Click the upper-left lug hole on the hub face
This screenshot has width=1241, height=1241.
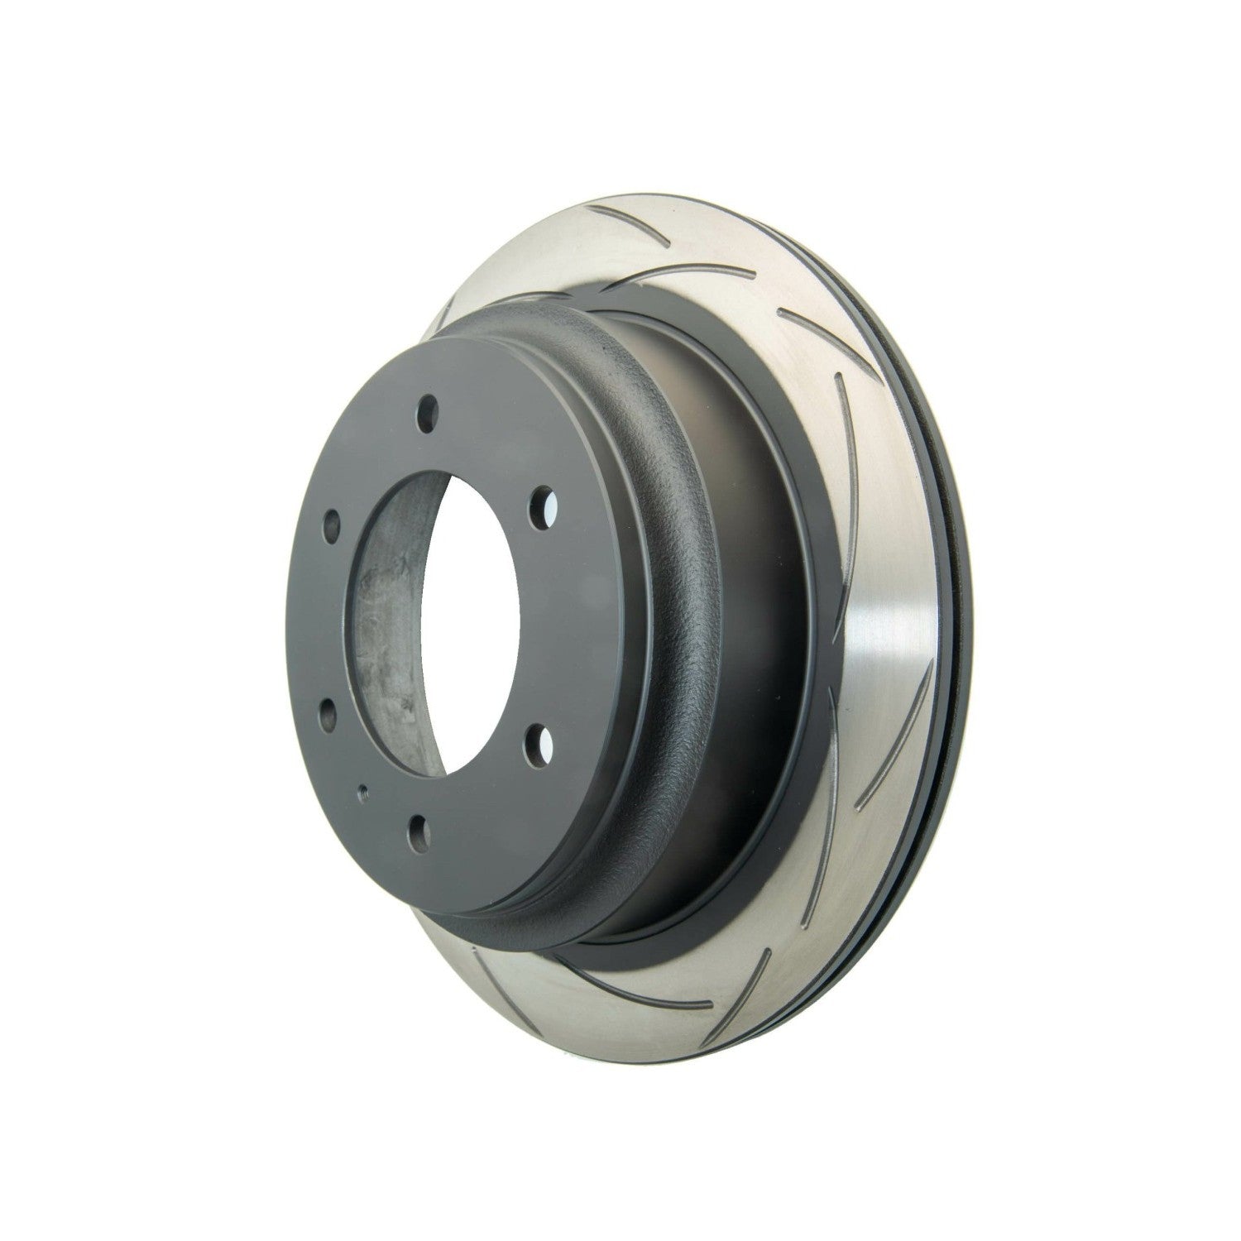332,522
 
